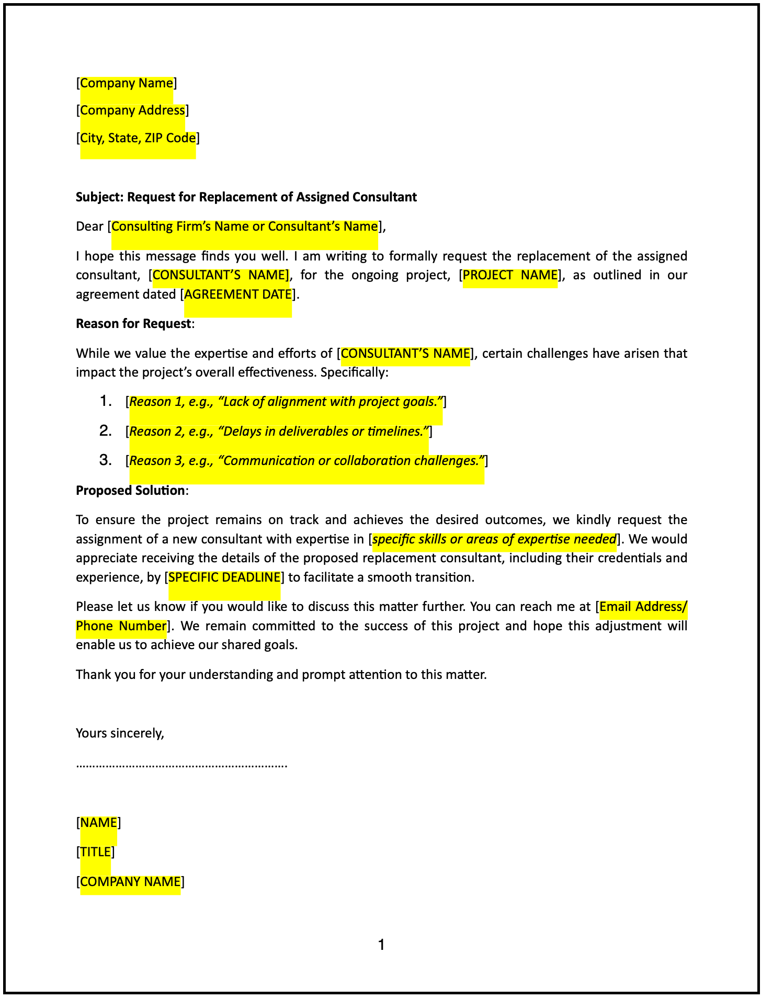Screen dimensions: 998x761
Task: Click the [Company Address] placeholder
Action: click(132, 110)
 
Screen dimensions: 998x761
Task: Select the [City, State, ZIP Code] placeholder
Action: click(138, 138)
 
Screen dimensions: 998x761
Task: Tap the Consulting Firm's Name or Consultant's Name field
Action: click(244, 226)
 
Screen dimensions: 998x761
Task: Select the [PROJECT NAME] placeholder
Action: click(510, 275)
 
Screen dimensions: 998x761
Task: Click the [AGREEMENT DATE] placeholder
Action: click(238, 294)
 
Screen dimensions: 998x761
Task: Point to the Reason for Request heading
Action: click(133, 324)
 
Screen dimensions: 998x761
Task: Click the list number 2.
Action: click(105, 431)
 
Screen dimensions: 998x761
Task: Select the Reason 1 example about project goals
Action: click(286, 402)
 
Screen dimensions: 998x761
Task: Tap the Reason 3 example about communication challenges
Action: click(306, 461)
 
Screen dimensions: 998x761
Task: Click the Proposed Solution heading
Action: click(130, 491)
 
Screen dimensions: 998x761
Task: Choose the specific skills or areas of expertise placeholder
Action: click(494, 539)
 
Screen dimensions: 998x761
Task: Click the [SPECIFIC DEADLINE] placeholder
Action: click(224, 577)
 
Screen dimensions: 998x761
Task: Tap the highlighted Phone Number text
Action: click(121, 626)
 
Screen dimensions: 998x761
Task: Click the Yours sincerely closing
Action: click(120, 733)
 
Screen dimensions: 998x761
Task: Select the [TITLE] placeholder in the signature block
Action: click(95, 852)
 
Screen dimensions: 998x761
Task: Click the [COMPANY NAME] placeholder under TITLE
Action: click(130, 882)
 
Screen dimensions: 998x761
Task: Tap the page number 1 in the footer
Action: click(381, 945)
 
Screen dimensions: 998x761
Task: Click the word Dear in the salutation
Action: click(89, 226)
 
